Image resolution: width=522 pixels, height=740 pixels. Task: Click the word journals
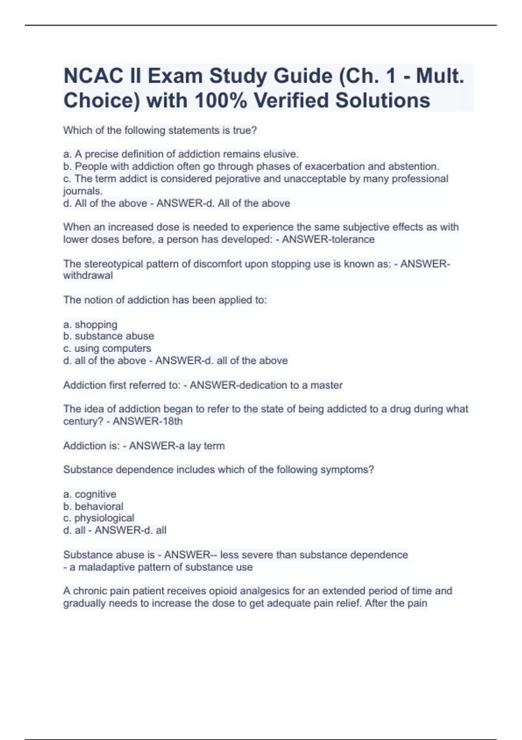[x=83, y=191]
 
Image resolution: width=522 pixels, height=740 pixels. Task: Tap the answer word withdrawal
[x=88, y=276]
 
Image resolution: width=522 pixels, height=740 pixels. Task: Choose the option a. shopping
[x=90, y=325]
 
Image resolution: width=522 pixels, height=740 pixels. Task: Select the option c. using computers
[x=107, y=348]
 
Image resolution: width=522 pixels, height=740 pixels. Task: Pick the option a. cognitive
[x=90, y=494]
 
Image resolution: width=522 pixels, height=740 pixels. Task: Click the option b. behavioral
[x=94, y=506]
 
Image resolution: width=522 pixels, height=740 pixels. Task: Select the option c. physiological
[x=99, y=518]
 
